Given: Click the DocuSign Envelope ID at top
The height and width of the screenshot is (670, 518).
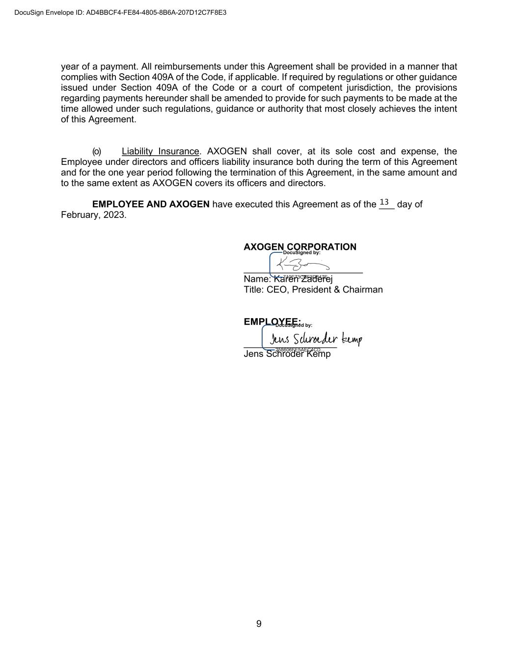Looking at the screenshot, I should coord(120,13).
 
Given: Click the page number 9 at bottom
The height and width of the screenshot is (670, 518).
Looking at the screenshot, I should coord(259,624).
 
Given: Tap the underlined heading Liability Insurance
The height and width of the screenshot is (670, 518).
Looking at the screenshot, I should coord(160,151).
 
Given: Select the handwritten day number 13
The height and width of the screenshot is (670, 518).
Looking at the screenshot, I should coord(384,202).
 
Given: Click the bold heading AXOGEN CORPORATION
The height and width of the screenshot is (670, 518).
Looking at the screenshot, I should coord(300,246).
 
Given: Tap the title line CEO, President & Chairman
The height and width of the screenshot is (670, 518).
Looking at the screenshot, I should coord(313,290).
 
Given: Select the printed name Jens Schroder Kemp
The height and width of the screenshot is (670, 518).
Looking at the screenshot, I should coord(287,354).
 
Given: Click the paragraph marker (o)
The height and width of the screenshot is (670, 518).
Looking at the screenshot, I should coord(97,151).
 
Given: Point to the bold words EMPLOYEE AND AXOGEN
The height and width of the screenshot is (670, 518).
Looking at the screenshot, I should coord(151,204).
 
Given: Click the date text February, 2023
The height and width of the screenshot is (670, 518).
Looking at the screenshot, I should coord(93,215).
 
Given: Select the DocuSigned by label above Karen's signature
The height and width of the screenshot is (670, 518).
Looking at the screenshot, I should coord(301,253).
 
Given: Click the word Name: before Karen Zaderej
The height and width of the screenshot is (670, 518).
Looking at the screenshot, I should coord(257,279).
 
